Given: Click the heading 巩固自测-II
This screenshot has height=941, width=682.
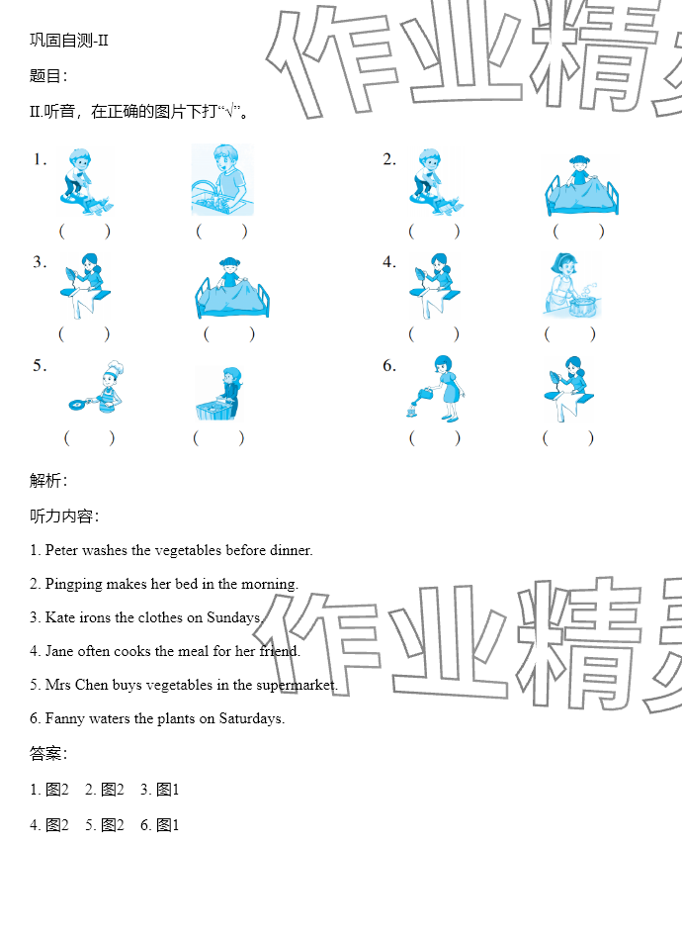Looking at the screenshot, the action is click(69, 41).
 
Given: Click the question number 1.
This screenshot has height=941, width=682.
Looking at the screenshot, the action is click(40, 159).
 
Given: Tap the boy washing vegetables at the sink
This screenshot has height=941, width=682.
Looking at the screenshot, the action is click(222, 179).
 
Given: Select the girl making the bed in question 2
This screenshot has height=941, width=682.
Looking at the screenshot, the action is click(581, 185).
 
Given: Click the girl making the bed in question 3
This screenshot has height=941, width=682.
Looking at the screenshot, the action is click(232, 288).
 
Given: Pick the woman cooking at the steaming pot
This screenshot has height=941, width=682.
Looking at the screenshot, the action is click(571, 285).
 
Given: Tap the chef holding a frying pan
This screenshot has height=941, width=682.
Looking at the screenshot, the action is click(97, 387).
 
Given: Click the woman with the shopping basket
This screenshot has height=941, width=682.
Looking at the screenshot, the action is click(218, 393).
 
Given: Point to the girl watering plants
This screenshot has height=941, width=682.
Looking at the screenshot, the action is click(436, 388).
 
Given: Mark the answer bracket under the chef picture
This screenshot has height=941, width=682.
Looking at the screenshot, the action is click(89, 438).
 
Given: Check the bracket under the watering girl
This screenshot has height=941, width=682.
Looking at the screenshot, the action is click(435, 438).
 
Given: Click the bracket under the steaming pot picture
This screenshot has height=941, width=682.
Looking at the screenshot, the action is click(570, 334).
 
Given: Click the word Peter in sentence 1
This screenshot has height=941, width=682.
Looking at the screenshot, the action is click(61, 550).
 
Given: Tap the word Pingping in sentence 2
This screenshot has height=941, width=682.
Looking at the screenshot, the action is click(74, 585).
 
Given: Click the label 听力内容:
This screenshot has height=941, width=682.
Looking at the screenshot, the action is click(64, 517).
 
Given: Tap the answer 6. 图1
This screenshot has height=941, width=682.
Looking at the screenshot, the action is click(160, 825).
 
